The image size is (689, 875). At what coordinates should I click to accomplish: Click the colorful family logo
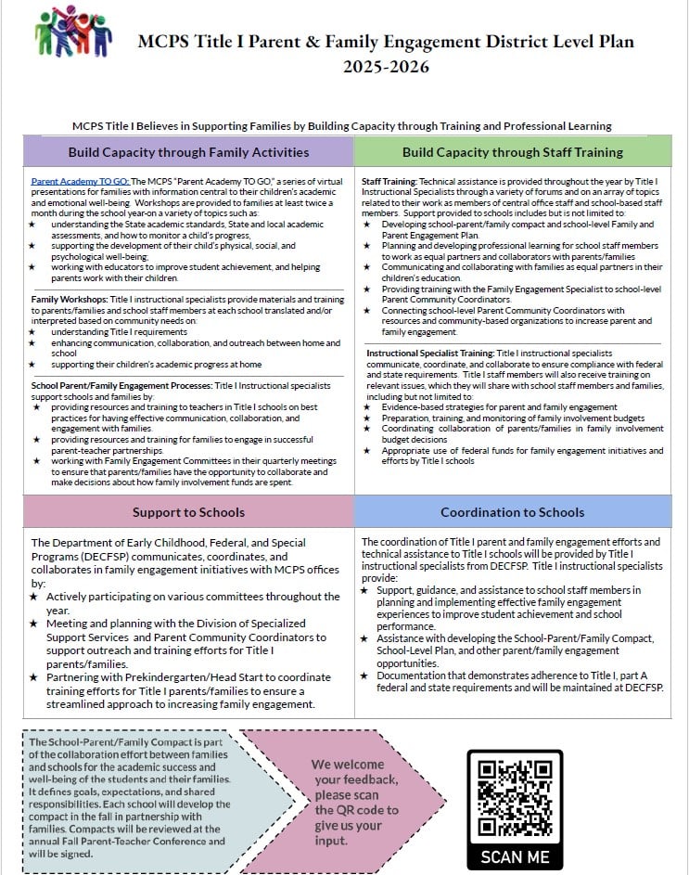coord(72,32)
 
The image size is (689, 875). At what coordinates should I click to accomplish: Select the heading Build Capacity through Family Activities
coord(188,151)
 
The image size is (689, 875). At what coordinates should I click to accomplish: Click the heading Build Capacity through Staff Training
coord(513,151)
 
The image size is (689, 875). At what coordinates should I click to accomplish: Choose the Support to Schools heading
coord(188,512)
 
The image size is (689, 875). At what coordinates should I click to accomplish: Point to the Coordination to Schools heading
coord(513,512)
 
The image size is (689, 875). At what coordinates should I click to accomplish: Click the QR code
coord(515,797)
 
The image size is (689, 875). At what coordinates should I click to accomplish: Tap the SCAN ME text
coord(515,856)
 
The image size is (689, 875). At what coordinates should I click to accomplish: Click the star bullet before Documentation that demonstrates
coord(364,675)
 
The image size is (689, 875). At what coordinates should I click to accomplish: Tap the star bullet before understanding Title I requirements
coord(34,331)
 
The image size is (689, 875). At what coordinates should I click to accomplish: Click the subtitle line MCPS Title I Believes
coord(344,125)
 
